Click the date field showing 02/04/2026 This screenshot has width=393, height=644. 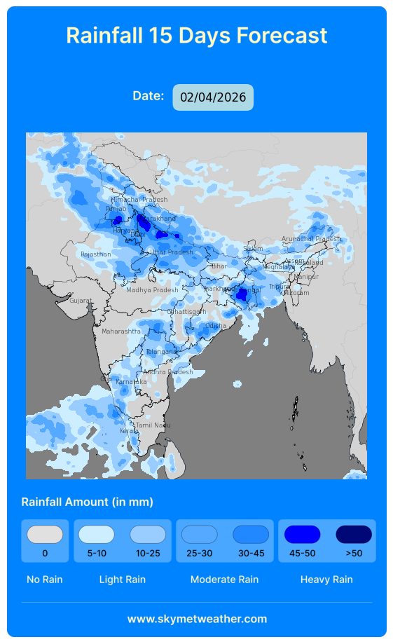(213, 97)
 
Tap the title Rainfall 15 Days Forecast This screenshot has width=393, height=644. (196, 35)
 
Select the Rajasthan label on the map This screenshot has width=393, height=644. (95, 254)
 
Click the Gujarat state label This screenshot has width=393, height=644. (80, 301)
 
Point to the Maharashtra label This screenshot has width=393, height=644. (120, 331)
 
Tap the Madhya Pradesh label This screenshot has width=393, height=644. (152, 290)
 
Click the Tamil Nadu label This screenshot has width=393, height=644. (153, 425)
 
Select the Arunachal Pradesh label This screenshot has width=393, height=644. (310, 239)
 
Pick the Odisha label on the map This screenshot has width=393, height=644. (216, 326)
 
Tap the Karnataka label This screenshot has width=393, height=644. (131, 382)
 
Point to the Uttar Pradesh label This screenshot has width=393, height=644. (171, 252)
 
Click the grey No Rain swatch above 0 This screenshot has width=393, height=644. (45, 534)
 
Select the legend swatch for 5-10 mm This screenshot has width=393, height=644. (96, 534)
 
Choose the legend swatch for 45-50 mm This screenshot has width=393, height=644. (302, 534)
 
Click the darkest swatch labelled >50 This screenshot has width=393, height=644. (354, 534)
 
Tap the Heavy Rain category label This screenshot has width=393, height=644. (326, 580)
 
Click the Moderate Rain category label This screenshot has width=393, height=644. (224, 580)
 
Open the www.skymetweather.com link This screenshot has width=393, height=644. (197, 619)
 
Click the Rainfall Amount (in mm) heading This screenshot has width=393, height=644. (87, 502)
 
